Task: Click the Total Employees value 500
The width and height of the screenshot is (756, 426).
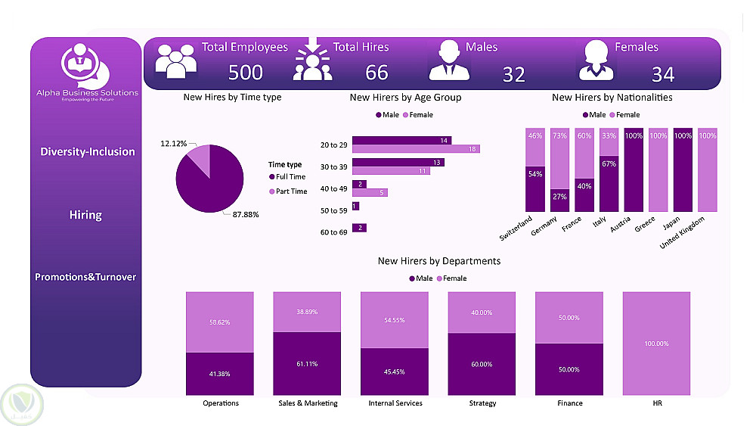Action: coord(246,72)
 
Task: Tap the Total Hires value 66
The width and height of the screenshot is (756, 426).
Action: coord(376,72)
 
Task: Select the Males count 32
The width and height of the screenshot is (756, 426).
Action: coord(513,74)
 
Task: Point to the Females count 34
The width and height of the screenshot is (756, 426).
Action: coord(662,74)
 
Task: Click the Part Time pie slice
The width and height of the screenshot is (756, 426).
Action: coord(199,156)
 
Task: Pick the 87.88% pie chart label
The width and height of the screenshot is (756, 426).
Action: coord(246,214)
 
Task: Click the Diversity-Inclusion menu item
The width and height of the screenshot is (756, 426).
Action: coord(88,152)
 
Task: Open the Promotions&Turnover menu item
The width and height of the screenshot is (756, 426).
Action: coord(85,277)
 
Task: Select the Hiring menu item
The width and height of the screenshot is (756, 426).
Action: coord(85,215)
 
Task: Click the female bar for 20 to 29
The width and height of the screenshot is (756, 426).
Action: coord(416,149)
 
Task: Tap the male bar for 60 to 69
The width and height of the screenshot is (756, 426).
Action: coord(359,228)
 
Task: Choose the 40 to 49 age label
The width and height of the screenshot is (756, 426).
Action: coord(333,188)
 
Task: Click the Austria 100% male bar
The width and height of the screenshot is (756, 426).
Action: coord(633,170)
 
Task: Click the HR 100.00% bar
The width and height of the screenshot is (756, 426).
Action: coord(656,343)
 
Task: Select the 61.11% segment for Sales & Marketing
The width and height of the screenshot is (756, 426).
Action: coord(307,364)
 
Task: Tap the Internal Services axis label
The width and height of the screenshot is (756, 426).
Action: coord(395,403)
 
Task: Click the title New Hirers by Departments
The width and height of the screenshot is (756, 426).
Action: coord(438,261)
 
